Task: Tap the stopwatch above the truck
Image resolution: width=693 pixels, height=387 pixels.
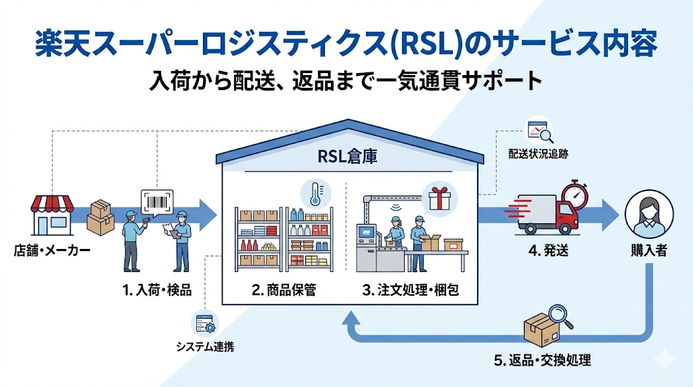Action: [x=575, y=194]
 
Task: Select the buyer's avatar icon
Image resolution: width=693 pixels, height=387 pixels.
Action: [x=644, y=210]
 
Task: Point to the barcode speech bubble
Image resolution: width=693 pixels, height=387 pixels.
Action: [x=157, y=202]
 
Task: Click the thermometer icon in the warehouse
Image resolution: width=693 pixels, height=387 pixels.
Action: [x=312, y=193]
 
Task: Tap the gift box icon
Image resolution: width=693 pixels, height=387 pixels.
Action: [x=439, y=198]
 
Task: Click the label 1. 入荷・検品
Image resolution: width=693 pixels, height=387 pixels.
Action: [x=156, y=290]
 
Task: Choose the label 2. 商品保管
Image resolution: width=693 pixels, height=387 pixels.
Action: [x=284, y=290]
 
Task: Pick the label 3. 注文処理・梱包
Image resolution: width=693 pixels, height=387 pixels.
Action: [x=416, y=290]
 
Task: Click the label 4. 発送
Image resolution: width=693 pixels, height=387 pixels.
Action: [x=548, y=250]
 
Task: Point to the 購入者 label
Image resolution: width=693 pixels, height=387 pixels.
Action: [x=644, y=251]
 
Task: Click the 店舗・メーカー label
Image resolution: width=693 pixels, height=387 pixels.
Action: [x=51, y=251]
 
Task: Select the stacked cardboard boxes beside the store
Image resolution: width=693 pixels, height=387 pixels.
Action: [x=100, y=217]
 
